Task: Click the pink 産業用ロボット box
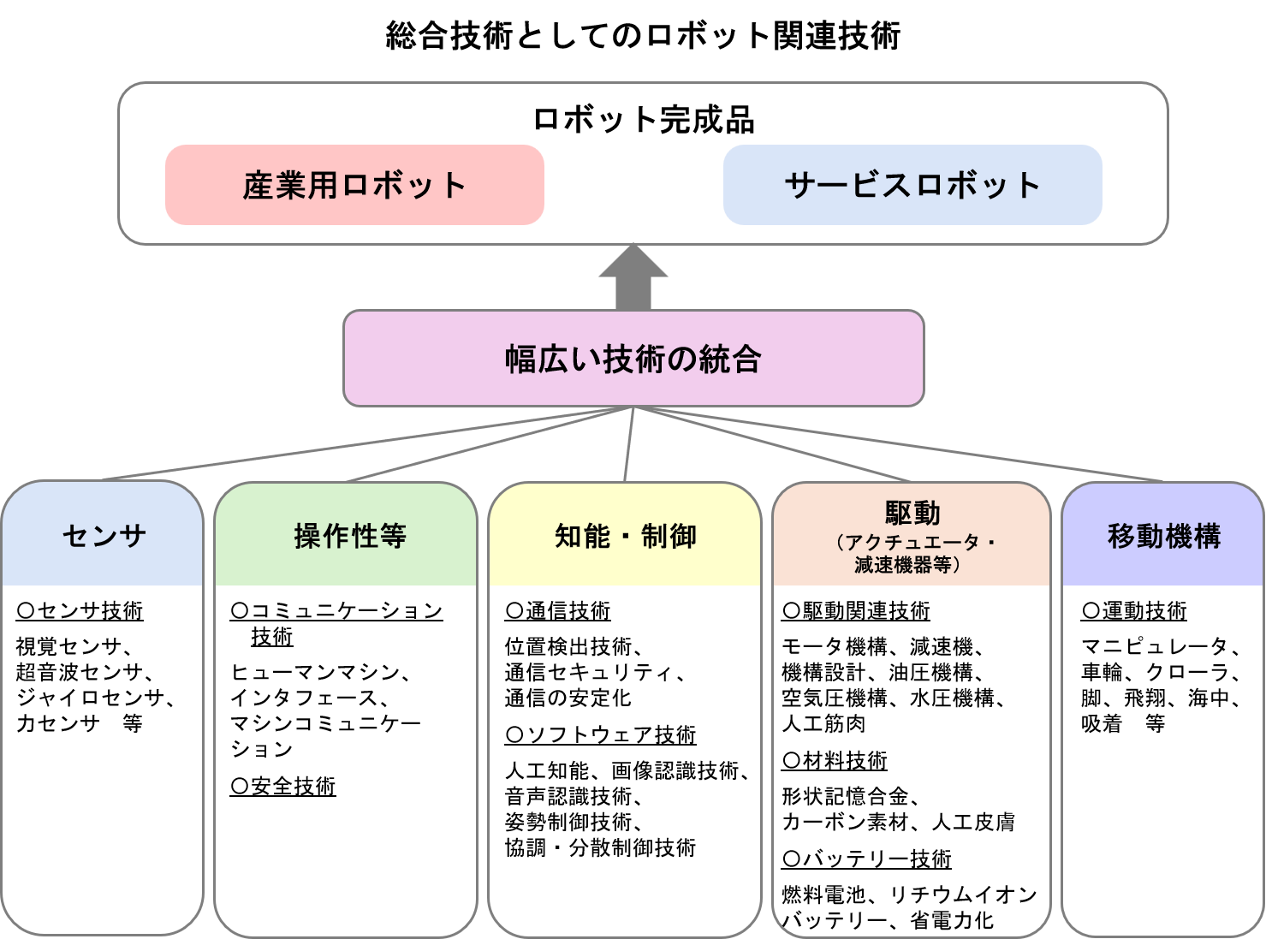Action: click(354, 185)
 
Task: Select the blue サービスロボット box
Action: click(912, 185)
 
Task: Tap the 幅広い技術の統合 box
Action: click(633, 359)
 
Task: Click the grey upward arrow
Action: click(633, 277)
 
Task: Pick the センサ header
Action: click(103, 536)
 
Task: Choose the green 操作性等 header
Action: click(347, 536)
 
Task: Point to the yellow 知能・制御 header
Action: click(625, 536)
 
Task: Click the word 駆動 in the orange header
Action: click(912, 514)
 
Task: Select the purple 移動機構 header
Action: click(1163, 536)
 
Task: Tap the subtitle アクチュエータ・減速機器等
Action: click(912, 554)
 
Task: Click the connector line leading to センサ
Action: click(360, 443)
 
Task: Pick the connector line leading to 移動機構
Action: click(899, 443)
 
